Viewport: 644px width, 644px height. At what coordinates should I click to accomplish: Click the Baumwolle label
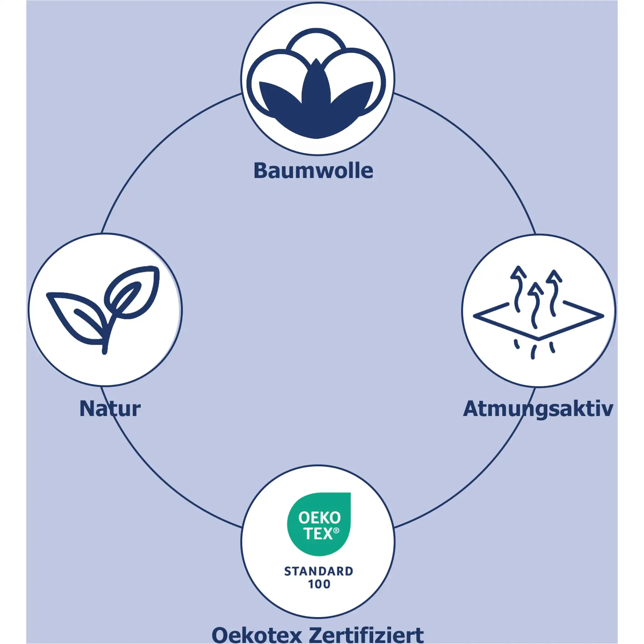[x=313, y=171]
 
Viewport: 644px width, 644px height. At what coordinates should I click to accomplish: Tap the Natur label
[x=110, y=409]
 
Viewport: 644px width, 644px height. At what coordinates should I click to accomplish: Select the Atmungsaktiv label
[x=538, y=409]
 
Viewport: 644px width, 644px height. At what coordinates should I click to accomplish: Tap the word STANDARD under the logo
[x=319, y=571]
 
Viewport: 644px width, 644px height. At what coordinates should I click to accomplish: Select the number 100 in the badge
[x=319, y=584]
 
